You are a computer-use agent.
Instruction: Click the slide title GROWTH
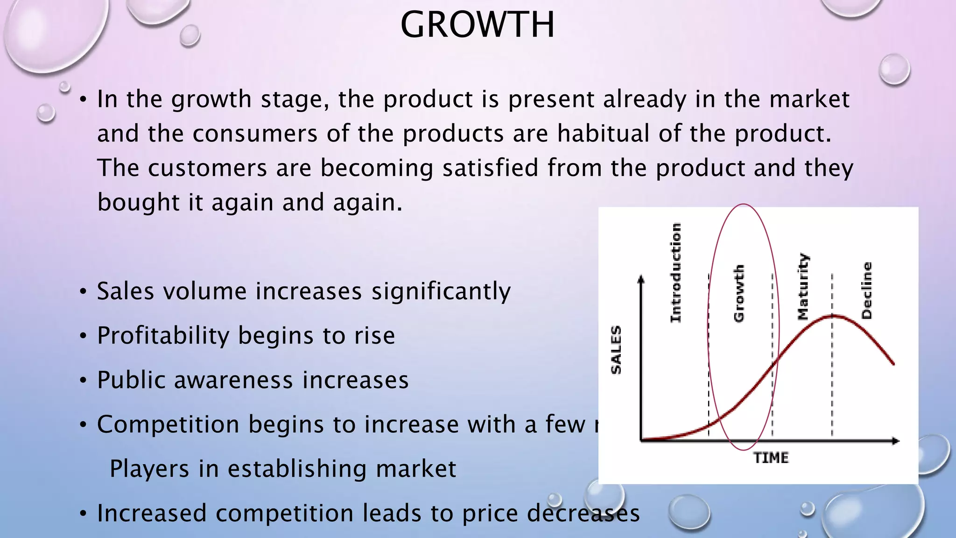pyautogui.click(x=478, y=25)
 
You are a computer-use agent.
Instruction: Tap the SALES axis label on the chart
pyautogui.click(x=616, y=350)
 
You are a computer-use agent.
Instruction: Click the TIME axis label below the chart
pyautogui.click(x=771, y=458)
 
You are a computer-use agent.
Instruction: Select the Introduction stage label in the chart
pyautogui.click(x=675, y=273)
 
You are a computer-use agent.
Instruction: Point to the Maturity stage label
pyautogui.click(x=803, y=286)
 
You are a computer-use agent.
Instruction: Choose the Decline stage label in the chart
pyautogui.click(x=866, y=290)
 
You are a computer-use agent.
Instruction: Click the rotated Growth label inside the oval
pyautogui.click(x=739, y=293)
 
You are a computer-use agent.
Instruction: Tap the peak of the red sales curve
pyautogui.click(x=833, y=316)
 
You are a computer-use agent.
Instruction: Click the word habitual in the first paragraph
pyautogui.click(x=603, y=134)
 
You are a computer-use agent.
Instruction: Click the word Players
pyautogui.click(x=149, y=469)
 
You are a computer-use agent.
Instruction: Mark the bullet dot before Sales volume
pyautogui.click(x=83, y=292)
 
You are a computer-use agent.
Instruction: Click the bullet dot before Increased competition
pyautogui.click(x=83, y=514)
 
